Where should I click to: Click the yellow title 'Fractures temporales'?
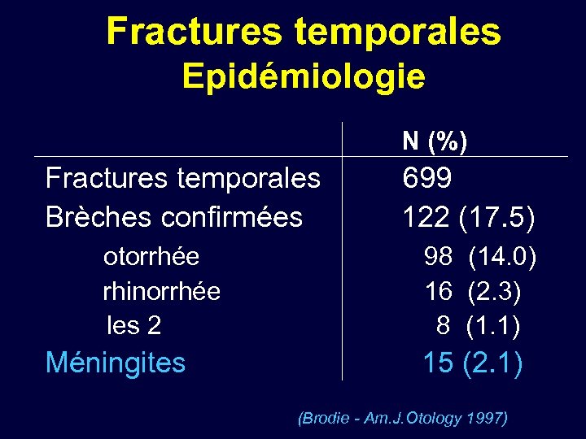[303, 32]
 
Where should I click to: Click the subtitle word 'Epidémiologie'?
[303, 76]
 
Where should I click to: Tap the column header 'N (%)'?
[435, 141]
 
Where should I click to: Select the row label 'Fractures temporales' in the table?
[183, 178]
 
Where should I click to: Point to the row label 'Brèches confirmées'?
[174, 217]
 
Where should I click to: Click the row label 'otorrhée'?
[151, 257]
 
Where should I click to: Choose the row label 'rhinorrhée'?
[161, 291]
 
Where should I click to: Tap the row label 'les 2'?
[134, 326]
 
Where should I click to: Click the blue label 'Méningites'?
[116, 363]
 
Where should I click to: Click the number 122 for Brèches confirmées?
[426, 217]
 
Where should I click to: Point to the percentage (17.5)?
[497, 217]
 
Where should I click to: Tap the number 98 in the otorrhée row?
[438, 257]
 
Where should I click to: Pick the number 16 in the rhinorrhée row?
[438, 291]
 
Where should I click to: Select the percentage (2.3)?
[495, 291]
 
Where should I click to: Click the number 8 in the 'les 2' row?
[444, 326]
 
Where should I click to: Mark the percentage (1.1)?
[493, 326]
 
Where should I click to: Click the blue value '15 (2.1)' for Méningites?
[473, 363]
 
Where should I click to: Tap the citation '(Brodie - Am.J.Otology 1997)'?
[404, 419]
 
